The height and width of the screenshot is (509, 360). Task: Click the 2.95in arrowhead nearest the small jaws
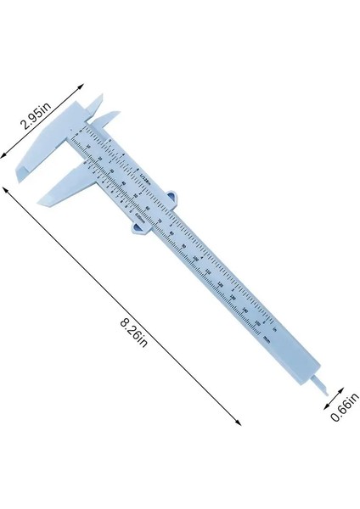(x=82, y=85)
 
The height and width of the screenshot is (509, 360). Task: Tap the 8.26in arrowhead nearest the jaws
(x=8, y=191)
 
